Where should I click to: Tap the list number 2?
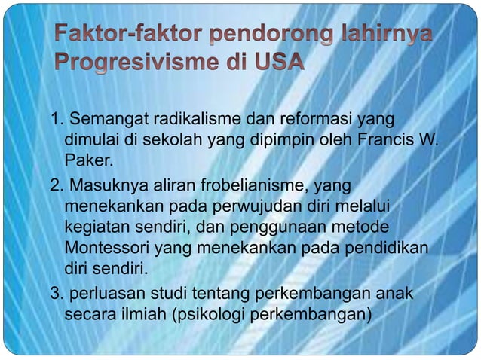pyautogui.click(x=55, y=186)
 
